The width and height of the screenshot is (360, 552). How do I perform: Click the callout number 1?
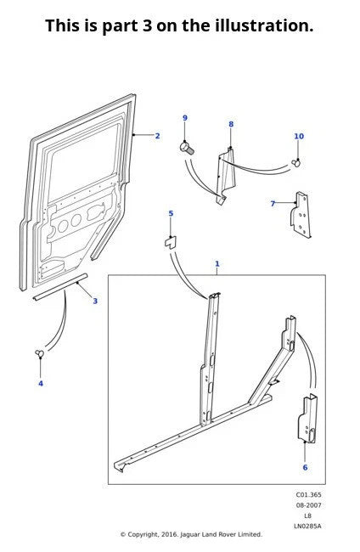217,264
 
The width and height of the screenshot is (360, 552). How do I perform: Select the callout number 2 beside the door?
157,136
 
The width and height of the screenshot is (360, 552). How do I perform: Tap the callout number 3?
95,301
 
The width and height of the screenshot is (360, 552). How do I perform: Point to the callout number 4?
40,383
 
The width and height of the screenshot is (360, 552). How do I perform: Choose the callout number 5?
170,214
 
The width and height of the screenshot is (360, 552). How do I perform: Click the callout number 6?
305,467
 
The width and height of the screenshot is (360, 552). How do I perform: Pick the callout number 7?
273,204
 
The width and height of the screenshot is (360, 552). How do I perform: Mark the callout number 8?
230,125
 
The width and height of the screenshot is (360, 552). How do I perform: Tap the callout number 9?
184,118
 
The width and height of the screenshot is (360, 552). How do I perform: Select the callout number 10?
298,136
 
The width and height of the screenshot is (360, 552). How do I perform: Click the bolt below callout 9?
187,148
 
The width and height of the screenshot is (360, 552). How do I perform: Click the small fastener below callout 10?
296,161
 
